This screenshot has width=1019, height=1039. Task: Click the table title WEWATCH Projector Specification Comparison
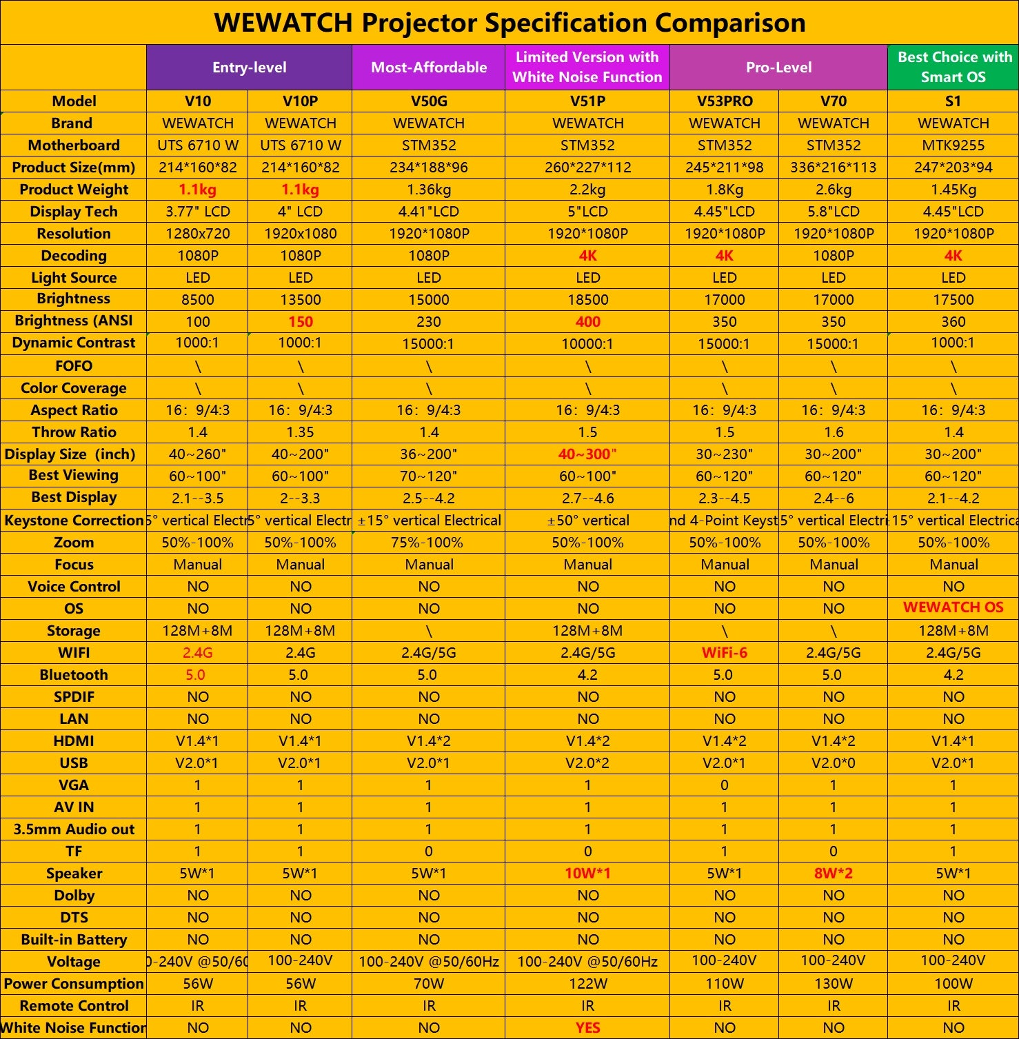pos(510,23)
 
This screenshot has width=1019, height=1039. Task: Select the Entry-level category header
pos(249,68)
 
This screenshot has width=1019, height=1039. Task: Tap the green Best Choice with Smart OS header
pos(954,67)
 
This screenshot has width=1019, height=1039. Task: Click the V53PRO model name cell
pos(724,101)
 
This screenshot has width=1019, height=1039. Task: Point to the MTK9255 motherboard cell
pos(953,145)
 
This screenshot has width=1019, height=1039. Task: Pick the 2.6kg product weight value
pos(833,190)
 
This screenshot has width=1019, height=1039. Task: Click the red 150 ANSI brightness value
pos(300,322)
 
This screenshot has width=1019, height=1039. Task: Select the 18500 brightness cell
pos(587,300)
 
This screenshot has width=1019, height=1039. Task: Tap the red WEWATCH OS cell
pos(953,607)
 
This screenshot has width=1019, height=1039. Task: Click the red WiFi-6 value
pos(724,653)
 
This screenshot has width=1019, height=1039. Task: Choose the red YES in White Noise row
pos(587,1028)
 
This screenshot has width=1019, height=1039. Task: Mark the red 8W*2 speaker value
pos(833,874)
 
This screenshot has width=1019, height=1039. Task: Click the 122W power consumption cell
pos(587,984)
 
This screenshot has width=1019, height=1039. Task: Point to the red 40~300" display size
pos(587,454)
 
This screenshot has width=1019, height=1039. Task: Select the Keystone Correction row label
pos(74,521)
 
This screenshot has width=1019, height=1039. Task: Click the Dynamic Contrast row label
pos(74,343)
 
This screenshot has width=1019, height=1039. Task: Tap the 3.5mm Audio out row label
pos(74,829)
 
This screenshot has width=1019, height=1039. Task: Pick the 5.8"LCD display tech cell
pos(833,212)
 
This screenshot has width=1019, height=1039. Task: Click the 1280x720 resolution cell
pos(198,234)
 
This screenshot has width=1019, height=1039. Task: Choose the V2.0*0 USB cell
pos(833,763)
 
